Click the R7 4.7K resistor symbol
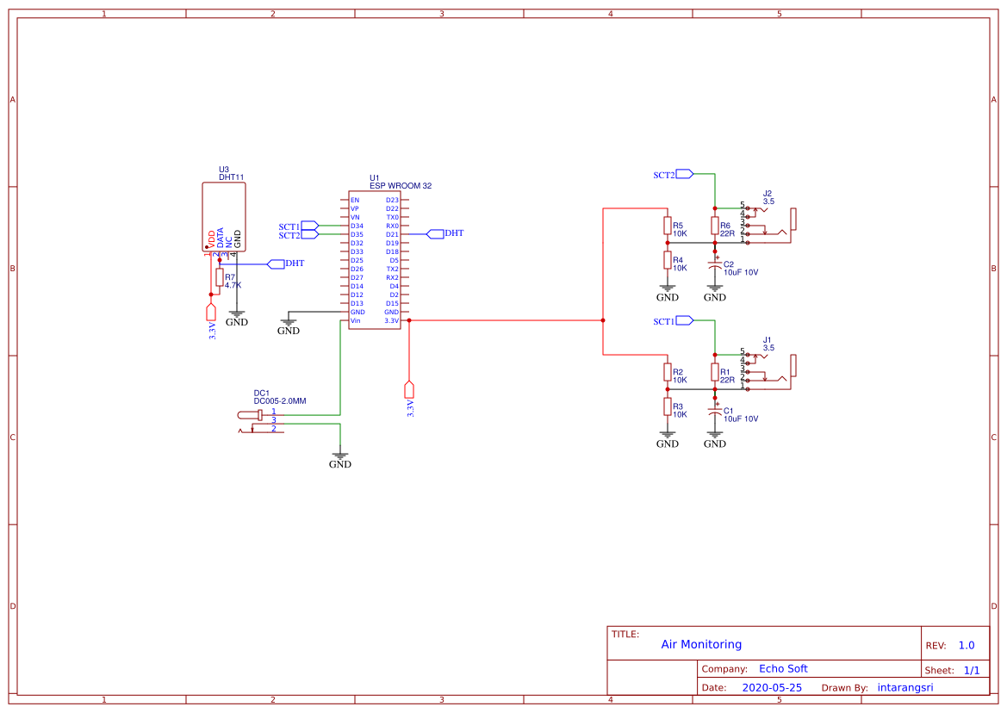[220, 277]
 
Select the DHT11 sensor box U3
[223, 216]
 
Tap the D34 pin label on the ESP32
[357, 226]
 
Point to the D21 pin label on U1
[392, 234]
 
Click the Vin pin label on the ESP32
[355, 320]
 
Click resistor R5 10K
[667, 226]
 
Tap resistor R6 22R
[714, 226]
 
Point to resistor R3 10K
[667, 406]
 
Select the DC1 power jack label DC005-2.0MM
[280, 401]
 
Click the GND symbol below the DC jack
[340, 458]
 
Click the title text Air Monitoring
[701, 644]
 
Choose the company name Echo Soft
[783, 669]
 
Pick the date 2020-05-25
[772, 688]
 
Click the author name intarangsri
[904, 688]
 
